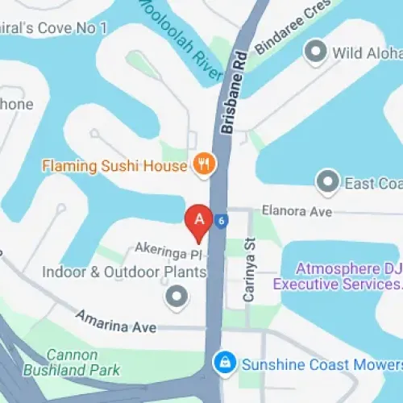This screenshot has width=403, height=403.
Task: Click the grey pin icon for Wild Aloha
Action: click(314, 52)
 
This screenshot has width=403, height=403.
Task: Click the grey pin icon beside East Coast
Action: click(327, 182)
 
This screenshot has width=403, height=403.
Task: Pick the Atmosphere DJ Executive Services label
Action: click(338, 276)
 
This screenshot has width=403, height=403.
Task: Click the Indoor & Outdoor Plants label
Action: click(126, 272)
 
